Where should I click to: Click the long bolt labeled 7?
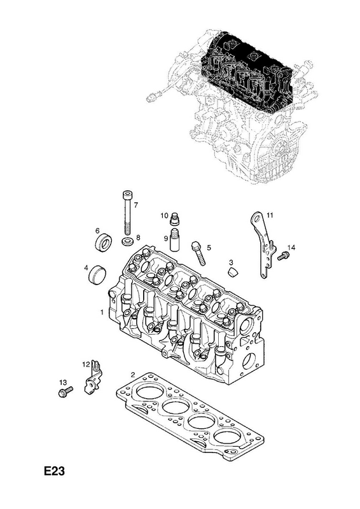pyautogui.click(x=127, y=213)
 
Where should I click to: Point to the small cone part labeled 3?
pyautogui.click(x=232, y=272)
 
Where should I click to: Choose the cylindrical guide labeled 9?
pyautogui.click(x=176, y=240)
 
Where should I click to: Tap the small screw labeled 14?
pyautogui.click(x=283, y=256)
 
